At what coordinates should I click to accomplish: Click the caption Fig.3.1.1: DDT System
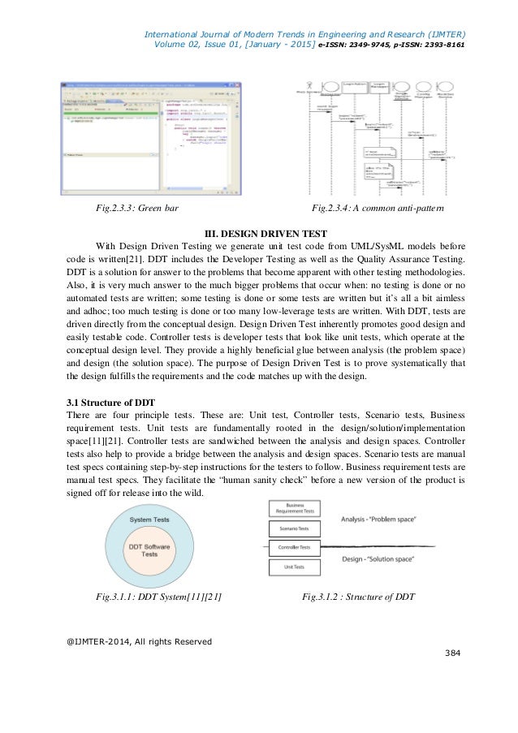(x=159, y=597)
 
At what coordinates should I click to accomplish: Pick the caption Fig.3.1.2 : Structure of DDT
(x=358, y=597)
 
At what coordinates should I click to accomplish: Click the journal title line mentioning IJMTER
(x=304, y=34)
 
